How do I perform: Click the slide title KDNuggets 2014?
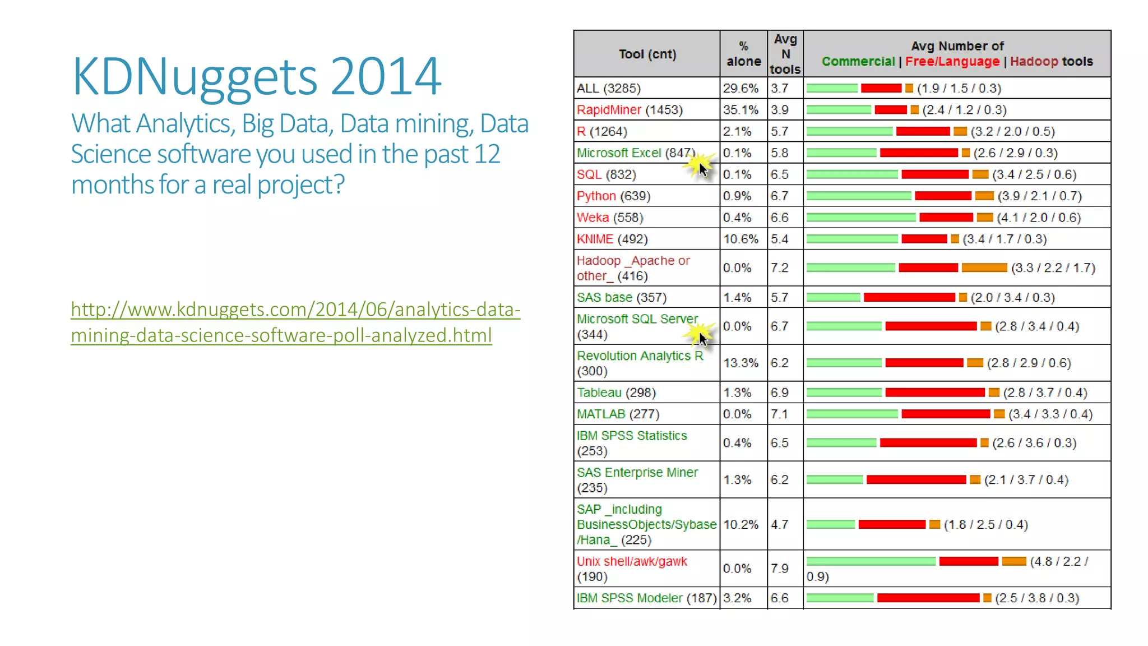[257, 77]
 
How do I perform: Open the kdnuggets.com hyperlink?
[295, 322]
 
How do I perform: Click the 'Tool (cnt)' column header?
[647, 54]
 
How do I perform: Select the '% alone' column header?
[743, 54]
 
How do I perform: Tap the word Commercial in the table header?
[858, 62]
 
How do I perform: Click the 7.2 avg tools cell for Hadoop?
[779, 268]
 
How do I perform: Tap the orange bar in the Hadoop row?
[984, 268]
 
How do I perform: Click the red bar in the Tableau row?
[934, 393]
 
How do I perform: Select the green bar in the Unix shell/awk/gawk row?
[871, 561]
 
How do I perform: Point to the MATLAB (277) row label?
[618, 414]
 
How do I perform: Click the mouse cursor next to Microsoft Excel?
[703, 169]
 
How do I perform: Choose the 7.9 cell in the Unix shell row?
[779, 569]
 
